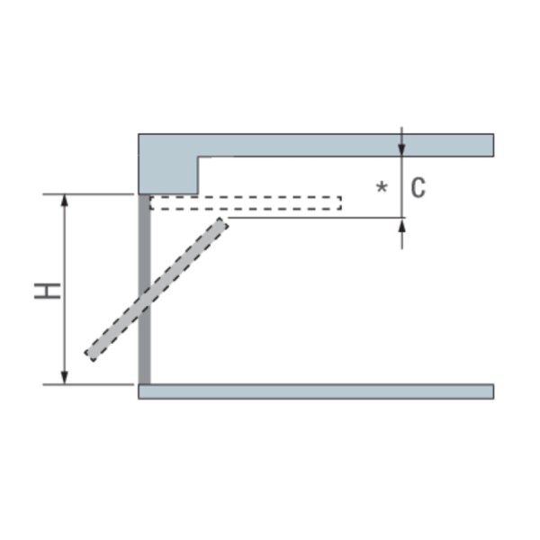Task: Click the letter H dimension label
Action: tap(48, 291)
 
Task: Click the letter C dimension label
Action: tap(418, 188)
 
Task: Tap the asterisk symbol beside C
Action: tap(382, 187)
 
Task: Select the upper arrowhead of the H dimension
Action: tap(65, 201)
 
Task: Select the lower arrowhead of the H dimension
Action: tap(65, 378)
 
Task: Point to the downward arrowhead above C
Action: tap(401, 150)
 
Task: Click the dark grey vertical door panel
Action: tap(144, 289)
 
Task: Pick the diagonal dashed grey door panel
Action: tap(157, 289)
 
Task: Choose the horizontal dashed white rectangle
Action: tap(246, 202)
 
